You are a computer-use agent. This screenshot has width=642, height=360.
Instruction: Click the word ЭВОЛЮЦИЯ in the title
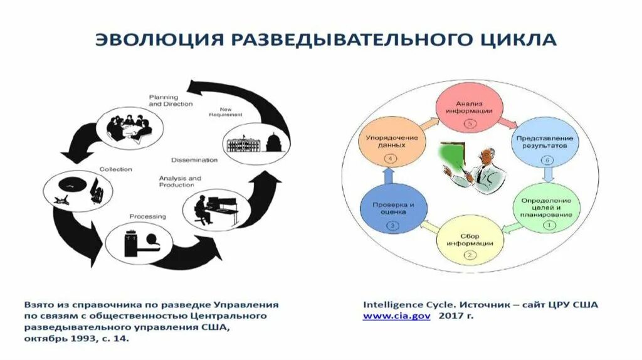pyautogui.click(x=158, y=40)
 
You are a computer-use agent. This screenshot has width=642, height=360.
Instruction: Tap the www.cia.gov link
pyautogui.click(x=397, y=317)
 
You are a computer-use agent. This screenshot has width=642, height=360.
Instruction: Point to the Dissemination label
pyautogui.click(x=194, y=159)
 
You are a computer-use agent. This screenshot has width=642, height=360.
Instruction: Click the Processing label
pyautogui.click(x=148, y=216)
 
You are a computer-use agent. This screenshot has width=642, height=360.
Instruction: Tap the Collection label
pyautogui.click(x=116, y=169)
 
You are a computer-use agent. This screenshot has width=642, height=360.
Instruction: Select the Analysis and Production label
pyautogui.click(x=180, y=181)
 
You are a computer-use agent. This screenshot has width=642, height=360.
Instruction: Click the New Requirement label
pyautogui.click(x=226, y=112)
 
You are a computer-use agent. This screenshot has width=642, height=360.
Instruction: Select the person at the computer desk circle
pyautogui.click(x=212, y=210)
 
